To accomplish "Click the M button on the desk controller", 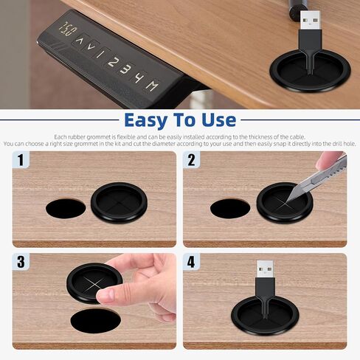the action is click(x=152, y=86).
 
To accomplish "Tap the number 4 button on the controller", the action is click(x=139, y=77).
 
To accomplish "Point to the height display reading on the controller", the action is click(x=67, y=29).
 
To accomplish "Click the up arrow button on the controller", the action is click(x=79, y=41).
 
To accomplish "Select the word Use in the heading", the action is click(x=219, y=120).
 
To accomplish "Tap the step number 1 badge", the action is click(x=21, y=159).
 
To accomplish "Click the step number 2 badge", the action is click(x=191, y=159).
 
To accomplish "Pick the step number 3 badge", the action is click(x=21, y=262).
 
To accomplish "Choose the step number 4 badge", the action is click(x=191, y=262).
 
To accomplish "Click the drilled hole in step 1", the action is click(x=66, y=209).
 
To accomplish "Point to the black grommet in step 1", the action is click(x=119, y=202).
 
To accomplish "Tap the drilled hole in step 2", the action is click(x=230, y=209).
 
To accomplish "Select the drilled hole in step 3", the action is click(x=95, y=321).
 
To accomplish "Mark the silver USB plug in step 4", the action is click(x=265, y=269).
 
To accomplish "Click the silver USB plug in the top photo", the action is click(x=310, y=21).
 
